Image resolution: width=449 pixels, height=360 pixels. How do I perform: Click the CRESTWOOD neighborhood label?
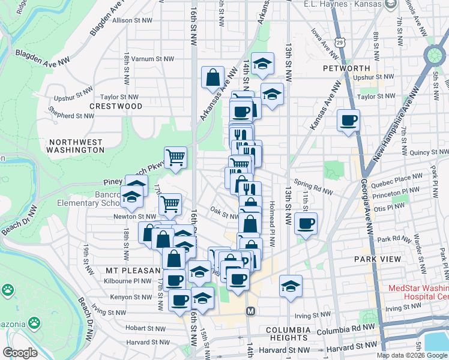coord(116,106)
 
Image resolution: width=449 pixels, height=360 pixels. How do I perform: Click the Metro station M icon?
coord(251,311)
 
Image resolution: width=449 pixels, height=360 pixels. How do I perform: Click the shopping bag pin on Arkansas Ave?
coord(213,77)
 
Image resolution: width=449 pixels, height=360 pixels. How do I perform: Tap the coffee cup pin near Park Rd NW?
coord(306,224)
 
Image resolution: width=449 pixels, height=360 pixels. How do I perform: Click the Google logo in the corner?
coord(19,353)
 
